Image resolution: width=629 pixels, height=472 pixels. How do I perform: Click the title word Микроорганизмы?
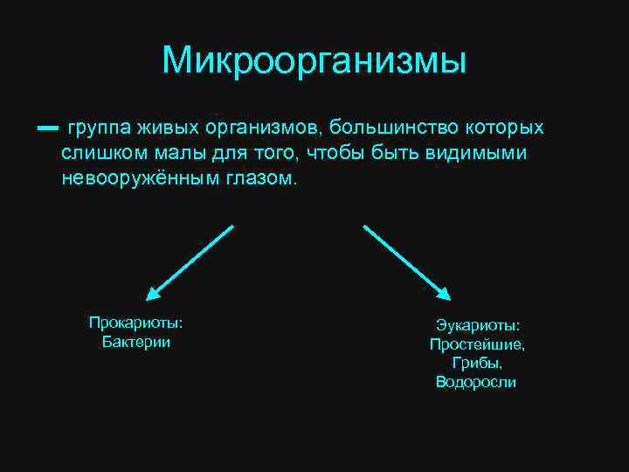(x=314, y=60)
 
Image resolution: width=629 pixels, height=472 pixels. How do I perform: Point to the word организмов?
(x=263, y=128)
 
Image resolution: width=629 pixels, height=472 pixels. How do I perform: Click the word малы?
(x=176, y=154)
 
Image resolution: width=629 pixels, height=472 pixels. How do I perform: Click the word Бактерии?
(x=136, y=341)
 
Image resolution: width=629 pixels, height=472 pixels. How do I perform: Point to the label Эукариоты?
(x=477, y=326)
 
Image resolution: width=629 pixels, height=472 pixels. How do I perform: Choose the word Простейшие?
(x=477, y=344)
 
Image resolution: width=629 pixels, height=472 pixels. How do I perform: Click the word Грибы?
(x=476, y=363)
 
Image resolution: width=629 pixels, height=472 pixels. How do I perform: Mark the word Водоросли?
(x=476, y=382)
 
